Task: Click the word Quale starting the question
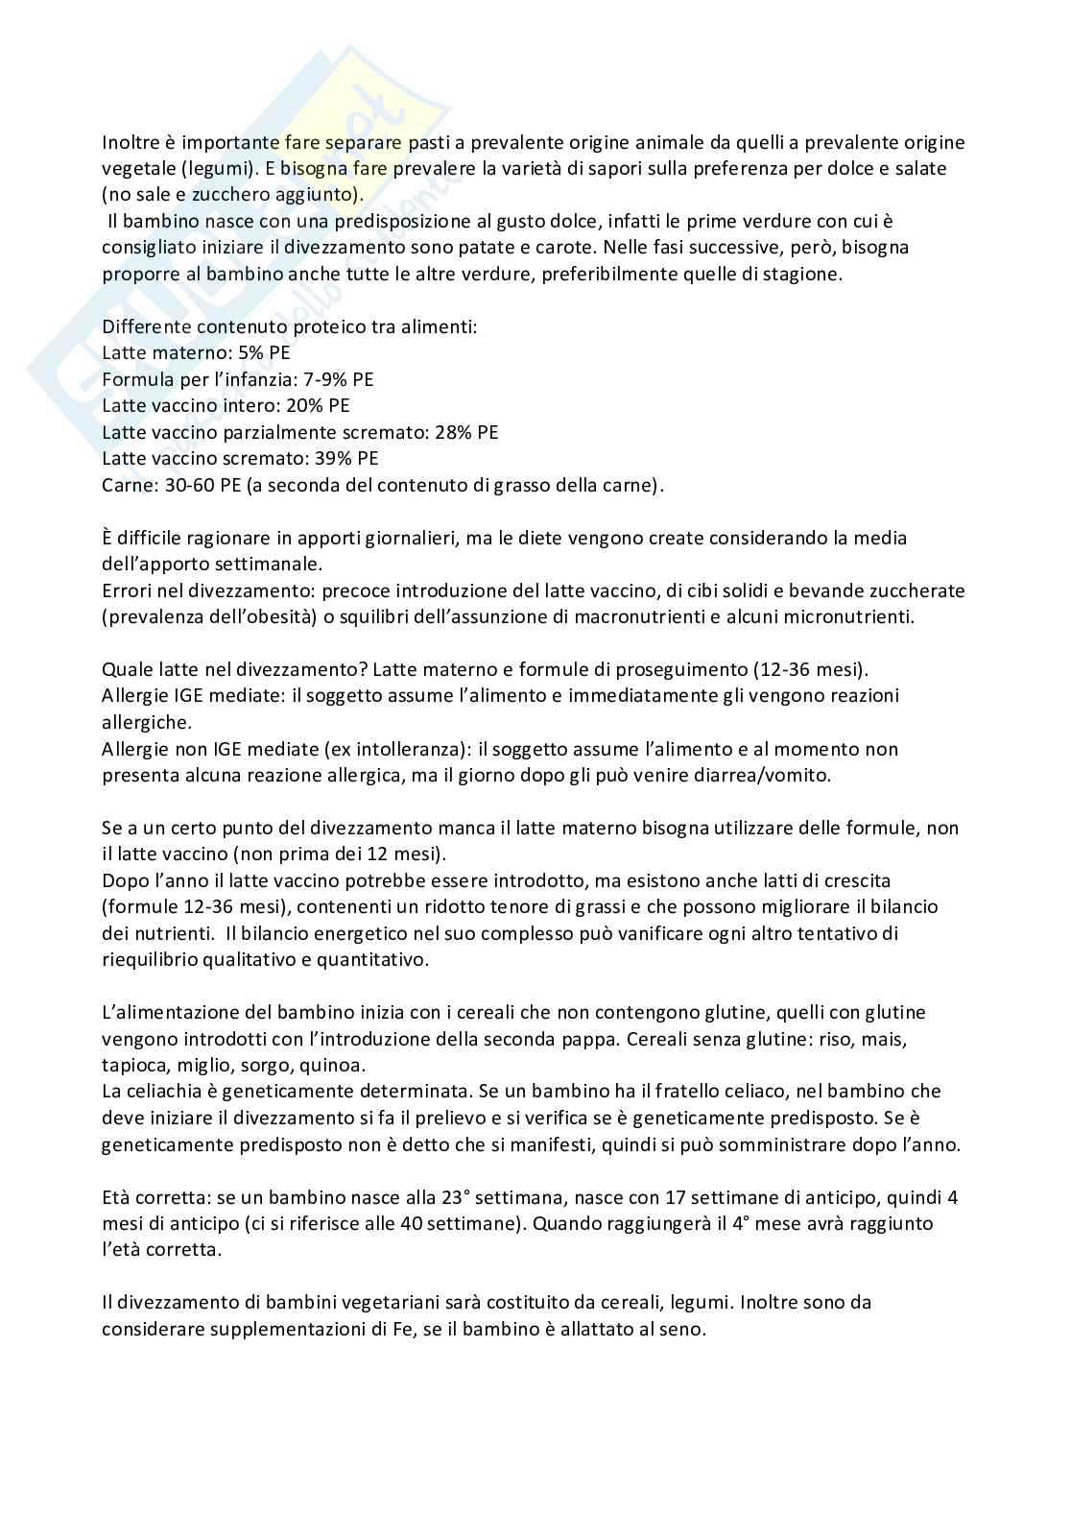(124, 669)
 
